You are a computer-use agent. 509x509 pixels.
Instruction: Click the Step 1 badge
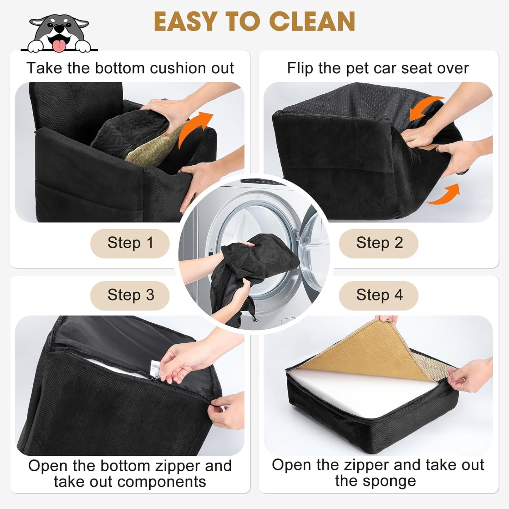130,243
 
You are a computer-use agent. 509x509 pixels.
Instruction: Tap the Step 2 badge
379,243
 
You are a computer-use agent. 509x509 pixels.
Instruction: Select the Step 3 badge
130,295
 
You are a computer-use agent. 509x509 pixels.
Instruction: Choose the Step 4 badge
379,295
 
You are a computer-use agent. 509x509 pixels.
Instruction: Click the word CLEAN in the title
312,22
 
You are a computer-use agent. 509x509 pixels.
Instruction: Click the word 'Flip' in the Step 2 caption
300,68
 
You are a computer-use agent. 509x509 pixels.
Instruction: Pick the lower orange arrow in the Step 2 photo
446,195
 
